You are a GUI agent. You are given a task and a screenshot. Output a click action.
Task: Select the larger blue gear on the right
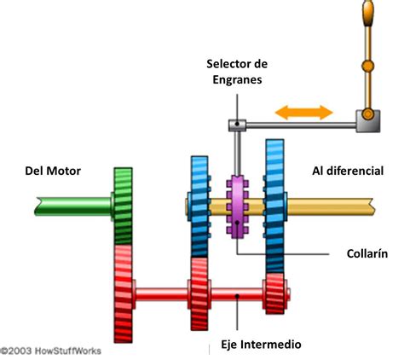point(276,205)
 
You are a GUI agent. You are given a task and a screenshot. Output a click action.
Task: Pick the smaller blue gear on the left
point(199,205)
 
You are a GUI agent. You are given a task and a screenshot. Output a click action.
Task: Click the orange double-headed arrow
point(303,112)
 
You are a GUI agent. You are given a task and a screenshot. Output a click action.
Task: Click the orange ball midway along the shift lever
point(368,65)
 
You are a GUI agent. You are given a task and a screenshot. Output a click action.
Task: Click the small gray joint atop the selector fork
point(235,125)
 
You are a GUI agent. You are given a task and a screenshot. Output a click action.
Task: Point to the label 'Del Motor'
point(52,171)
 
